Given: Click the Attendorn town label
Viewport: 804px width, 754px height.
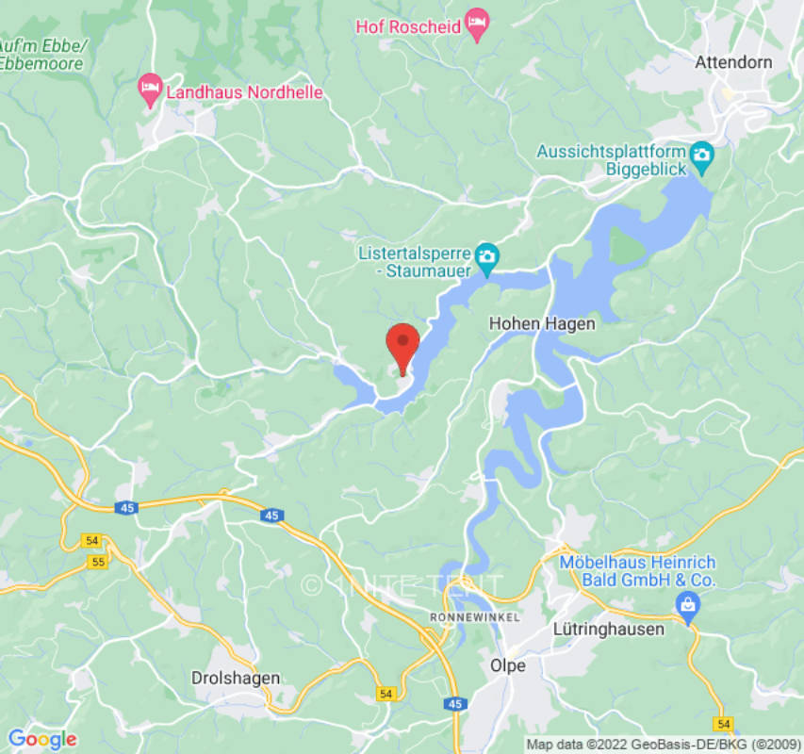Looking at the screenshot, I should point(733,62).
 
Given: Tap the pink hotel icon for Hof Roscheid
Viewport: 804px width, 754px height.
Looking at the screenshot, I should point(479,25).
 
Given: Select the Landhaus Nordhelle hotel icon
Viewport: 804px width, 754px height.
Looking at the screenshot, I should point(149,91).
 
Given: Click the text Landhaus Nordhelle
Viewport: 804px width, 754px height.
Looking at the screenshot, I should point(244,92).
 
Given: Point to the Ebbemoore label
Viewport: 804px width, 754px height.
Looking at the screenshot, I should point(42,63).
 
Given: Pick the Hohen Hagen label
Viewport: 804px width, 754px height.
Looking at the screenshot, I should point(542,323).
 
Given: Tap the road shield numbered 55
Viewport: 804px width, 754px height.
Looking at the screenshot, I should point(97,562).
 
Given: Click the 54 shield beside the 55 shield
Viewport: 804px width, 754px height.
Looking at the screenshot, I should point(91,540).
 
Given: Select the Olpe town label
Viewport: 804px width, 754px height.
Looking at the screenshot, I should point(508,665).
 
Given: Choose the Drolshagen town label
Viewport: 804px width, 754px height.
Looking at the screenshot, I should point(236,678).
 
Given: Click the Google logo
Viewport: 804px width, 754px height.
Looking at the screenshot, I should point(41,739).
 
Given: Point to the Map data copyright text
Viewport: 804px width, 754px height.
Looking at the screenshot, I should point(664,745).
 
